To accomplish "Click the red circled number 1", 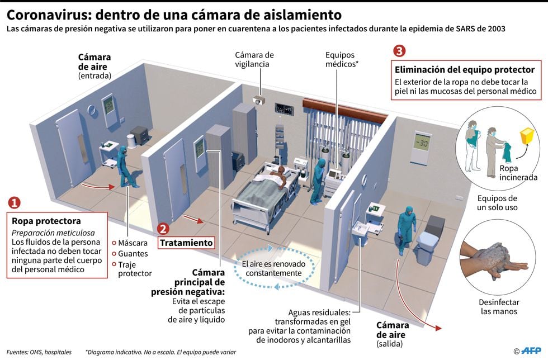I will coord(15,202).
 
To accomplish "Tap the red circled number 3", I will coord(399,51).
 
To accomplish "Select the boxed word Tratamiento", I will coord(187,243).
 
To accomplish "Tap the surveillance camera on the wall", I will coord(258,101).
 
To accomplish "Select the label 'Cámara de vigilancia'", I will coord(254,59).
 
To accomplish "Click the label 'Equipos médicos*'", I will coord(341,59).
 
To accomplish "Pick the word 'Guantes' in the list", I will coord(133,253).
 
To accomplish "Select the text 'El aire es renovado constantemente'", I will coord(271,268).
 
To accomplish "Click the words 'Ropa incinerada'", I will coord(518,173).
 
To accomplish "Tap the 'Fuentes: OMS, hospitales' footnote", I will coord(39,352).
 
